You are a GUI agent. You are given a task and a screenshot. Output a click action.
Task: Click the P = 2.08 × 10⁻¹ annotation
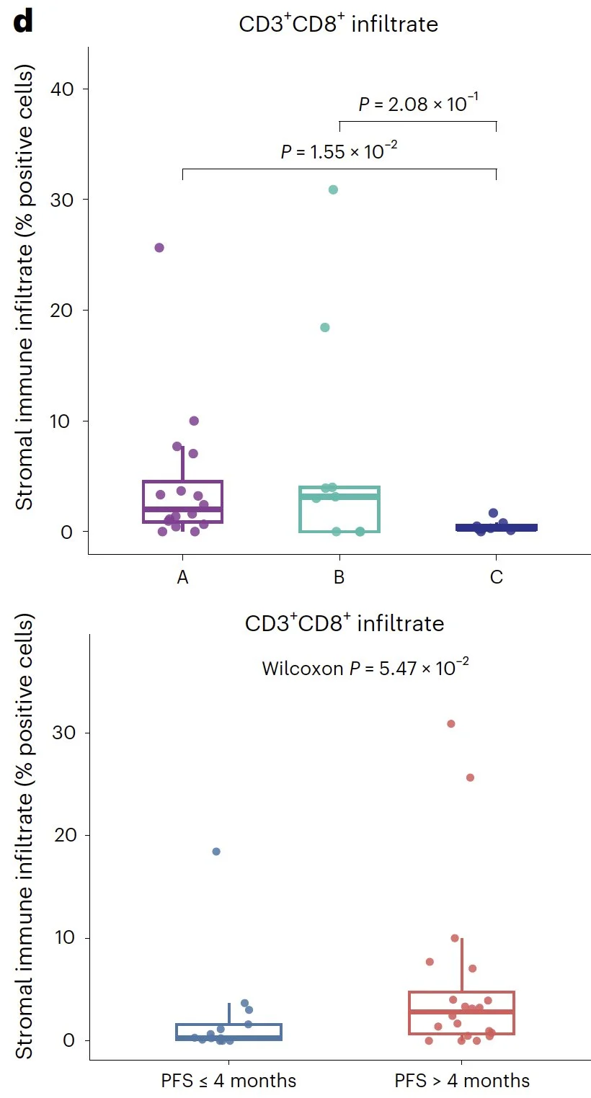pos(419,104)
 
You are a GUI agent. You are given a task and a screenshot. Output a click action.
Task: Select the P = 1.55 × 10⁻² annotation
pos(339,152)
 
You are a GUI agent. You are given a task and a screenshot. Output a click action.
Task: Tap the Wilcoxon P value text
pos(365,668)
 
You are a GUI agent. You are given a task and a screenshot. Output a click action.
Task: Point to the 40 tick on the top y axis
pos(63,89)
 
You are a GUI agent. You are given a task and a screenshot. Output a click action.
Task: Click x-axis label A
pos(182,579)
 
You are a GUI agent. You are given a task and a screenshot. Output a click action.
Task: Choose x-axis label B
pos(339,579)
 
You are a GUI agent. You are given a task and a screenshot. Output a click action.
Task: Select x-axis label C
pos(496,579)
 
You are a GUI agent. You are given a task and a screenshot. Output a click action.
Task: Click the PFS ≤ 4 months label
pos(228,1081)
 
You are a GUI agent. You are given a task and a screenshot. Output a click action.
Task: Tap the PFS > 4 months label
pos(462,1081)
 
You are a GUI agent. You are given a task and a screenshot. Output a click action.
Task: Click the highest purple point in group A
pos(159,248)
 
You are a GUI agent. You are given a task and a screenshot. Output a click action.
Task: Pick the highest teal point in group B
pos(333,189)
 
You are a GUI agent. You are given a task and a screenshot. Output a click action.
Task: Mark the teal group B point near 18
pos(325,328)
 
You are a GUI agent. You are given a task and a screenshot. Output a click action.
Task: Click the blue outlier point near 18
pos(215,852)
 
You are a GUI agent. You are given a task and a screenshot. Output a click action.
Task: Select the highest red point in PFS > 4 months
pos(451,723)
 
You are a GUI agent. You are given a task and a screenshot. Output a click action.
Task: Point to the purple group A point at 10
pos(194,421)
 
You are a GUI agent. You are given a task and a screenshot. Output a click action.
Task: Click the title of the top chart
pos(339,24)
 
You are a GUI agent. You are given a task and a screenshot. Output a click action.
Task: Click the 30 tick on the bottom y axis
pos(63,733)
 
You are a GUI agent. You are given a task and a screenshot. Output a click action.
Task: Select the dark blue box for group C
pos(496,527)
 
